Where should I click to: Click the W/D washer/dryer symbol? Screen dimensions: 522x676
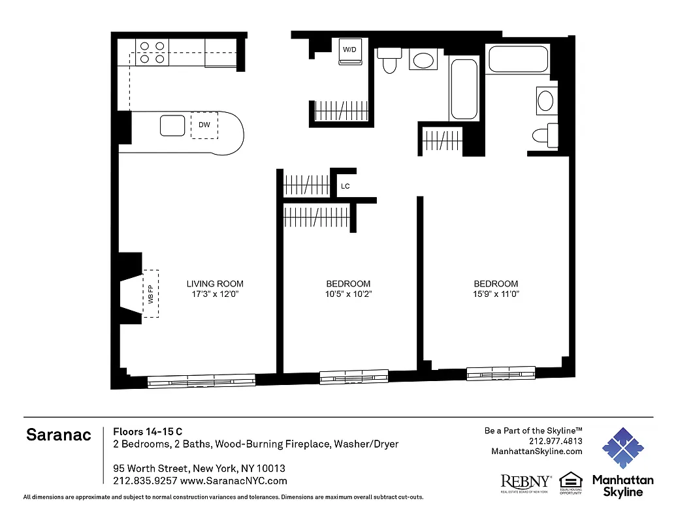(351, 52)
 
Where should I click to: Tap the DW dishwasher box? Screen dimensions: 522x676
(204, 125)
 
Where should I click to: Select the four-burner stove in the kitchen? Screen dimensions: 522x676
(152, 52)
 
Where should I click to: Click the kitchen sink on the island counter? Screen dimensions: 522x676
(173, 125)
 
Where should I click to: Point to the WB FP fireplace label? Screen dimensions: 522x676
(150, 294)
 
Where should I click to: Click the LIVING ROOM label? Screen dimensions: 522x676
(215, 284)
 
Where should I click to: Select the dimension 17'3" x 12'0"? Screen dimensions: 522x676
(215, 294)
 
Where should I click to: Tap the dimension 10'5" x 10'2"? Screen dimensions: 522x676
(348, 294)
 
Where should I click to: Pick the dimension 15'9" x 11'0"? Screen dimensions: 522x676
(496, 294)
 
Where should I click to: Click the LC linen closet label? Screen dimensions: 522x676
(346, 187)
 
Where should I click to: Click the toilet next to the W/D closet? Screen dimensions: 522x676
(390, 60)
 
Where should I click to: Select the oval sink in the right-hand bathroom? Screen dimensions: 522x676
(545, 100)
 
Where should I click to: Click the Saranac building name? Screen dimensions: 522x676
(59, 435)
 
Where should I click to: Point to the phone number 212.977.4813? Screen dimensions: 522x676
(555, 441)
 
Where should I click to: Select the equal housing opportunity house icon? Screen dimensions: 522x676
(570, 480)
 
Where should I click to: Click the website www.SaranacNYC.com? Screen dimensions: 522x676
(233, 481)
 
